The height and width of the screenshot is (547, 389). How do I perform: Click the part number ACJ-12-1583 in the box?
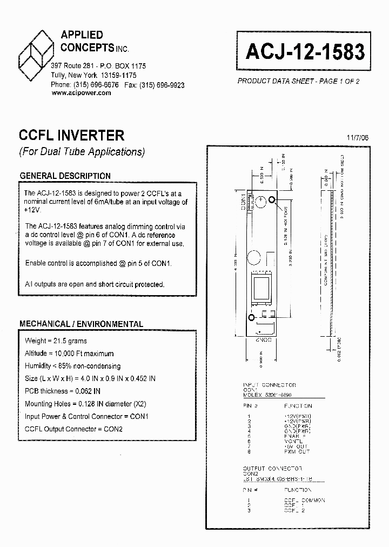point(306,52)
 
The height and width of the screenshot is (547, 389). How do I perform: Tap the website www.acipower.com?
point(81,93)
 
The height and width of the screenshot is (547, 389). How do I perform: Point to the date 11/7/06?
point(358,138)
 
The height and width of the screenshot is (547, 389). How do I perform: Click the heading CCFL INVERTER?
point(72,135)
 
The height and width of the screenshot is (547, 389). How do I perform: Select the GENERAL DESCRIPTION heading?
point(65,176)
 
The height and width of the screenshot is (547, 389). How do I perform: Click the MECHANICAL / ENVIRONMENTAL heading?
point(81,324)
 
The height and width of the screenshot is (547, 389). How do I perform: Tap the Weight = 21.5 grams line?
point(56,341)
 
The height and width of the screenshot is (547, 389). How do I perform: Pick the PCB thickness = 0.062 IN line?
point(63,391)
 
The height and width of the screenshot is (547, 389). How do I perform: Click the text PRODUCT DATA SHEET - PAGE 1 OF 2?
point(298,81)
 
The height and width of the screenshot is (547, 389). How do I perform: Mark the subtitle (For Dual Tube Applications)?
point(82,152)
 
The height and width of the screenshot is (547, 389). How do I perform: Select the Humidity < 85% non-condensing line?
point(72,366)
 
